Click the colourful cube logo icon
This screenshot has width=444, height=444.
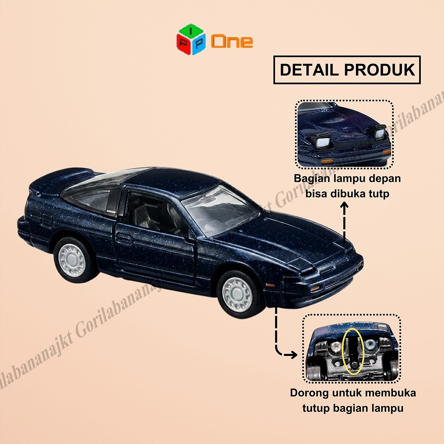click(191, 39)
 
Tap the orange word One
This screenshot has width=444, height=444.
click(232, 41)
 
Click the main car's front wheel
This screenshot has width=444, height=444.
click(238, 295)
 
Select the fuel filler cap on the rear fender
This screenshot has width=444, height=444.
click(47, 220)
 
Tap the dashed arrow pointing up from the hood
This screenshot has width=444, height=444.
click(344, 223)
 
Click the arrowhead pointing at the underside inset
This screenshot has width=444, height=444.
click(291, 355)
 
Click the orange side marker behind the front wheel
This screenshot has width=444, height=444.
click(270, 285)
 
